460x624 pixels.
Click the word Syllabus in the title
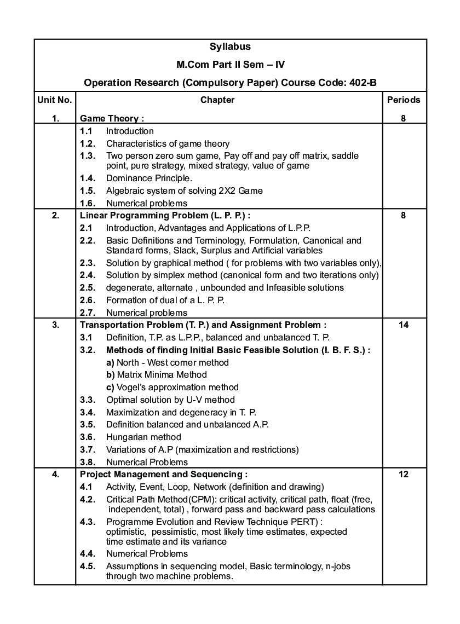tap(230, 47)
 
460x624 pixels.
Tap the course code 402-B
tap(363, 82)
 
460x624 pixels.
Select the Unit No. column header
tap(55, 100)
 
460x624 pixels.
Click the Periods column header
tap(404, 100)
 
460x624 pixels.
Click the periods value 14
tap(404, 325)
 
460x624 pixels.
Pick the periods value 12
tap(404, 474)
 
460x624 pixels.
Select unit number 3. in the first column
tap(55, 325)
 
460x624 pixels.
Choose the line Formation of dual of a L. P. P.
tap(165, 300)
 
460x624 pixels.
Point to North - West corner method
tap(168, 362)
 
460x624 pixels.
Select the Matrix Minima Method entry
tap(157, 375)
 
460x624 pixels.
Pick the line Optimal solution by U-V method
tap(170, 400)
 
